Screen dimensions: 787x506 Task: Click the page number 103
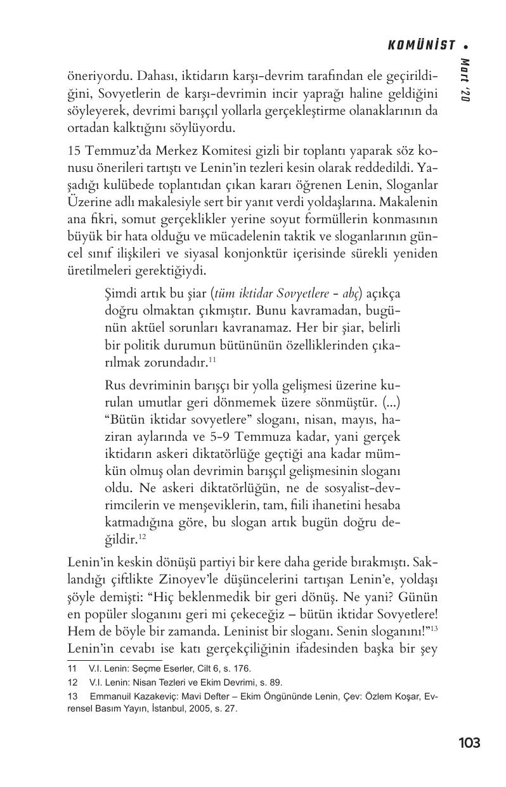469,743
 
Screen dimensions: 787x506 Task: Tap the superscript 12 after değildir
143,537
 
